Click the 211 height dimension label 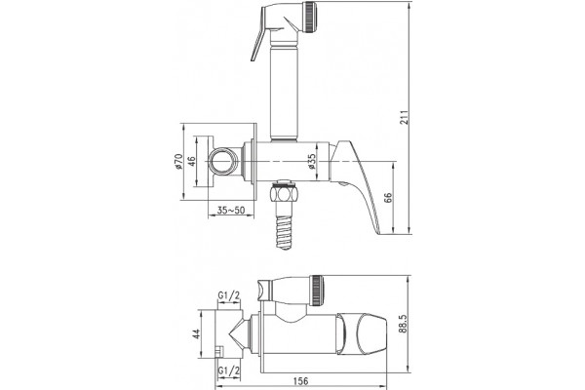(x=406, y=117)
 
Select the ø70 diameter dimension (x=178, y=161)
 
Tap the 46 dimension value (x=191, y=162)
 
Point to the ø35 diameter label (x=312, y=162)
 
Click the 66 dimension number (x=388, y=198)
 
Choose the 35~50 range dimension (x=231, y=211)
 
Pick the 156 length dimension (x=300, y=381)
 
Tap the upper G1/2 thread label (x=229, y=296)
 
